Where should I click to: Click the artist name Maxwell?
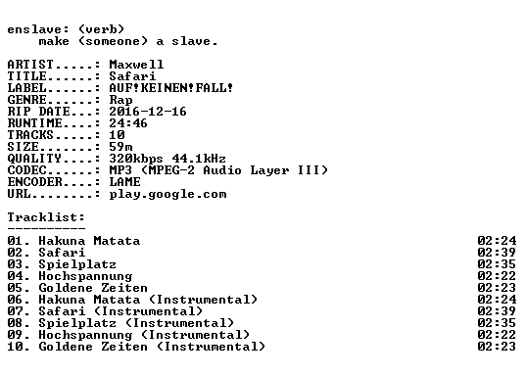pos(136,65)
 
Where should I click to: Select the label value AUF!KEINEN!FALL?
pos(170,88)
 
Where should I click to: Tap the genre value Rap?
pos(120,100)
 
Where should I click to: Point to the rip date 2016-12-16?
pos(148,112)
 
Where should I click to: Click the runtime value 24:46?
pos(128,122)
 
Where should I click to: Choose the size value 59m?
pos(120,146)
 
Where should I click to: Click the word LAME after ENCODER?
pos(125,182)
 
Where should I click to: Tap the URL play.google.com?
pos(167,194)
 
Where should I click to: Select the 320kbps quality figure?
pos(136,159)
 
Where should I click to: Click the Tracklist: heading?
pos(46,217)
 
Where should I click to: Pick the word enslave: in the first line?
pos(38,29)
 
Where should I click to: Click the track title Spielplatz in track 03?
pos(77,264)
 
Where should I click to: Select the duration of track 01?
pos(497,241)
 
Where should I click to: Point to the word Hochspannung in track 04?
pos(85,276)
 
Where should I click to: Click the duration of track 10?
pos(497,347)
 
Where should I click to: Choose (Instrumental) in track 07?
pos(148,311)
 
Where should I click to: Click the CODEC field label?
pos(26,170)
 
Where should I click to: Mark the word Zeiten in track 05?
pos(124,288)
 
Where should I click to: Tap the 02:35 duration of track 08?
pos(497,323)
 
